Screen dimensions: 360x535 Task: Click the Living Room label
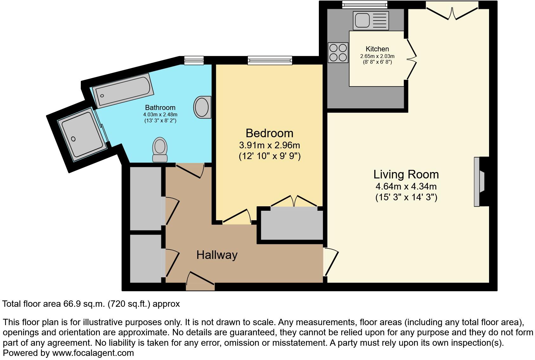point(406,175)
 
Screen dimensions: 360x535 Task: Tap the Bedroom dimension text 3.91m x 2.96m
point(269,145)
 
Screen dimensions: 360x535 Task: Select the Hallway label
point(217,255)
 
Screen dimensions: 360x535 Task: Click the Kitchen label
point(377,49)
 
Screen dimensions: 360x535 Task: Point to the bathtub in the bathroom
point(124,90)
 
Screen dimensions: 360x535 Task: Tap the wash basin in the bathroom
point(202,107)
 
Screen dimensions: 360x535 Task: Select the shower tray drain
point(74,139)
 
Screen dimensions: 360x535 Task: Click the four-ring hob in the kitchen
point(338,53)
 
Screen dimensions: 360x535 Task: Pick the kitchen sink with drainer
point(371,20)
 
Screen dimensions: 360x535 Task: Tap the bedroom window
point(270,60)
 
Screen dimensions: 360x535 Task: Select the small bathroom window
point(194,60)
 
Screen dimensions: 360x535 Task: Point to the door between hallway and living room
point(331,262)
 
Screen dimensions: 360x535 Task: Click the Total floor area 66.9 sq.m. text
point(91,304)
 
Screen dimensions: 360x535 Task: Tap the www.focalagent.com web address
point(93,353)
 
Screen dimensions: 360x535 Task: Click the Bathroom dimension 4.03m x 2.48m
point(160,114)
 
